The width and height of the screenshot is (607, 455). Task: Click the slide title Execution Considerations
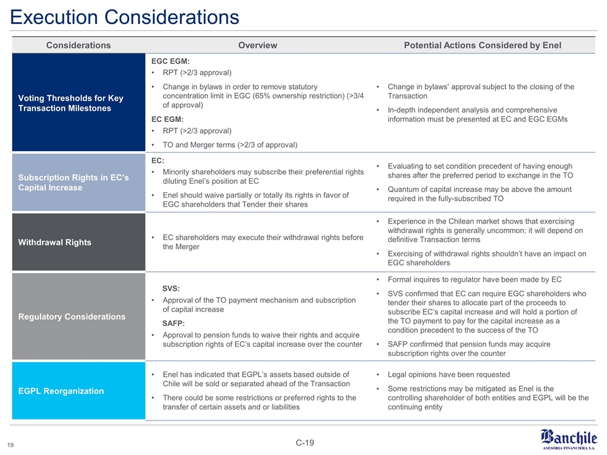[x=125, y=16]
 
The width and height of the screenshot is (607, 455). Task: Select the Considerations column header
[x=78, y=45]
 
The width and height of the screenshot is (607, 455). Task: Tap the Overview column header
[x=257, y=45]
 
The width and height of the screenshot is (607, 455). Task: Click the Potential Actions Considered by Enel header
[x=482, y=45]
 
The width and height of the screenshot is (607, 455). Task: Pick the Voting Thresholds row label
[x=71, y=103]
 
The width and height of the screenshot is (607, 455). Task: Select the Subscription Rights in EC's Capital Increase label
[x=74, y=183]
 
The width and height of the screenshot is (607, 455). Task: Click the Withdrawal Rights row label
[x=55, y=242]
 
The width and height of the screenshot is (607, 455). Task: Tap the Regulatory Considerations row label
[x=71, y=317]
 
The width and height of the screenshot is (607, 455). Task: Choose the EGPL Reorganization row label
[x=61, y=391]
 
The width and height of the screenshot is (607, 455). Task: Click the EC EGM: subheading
[x=168, y=119]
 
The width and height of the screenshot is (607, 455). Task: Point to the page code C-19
[x=304, y=442]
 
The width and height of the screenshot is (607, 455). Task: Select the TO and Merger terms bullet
[x=230, y=145]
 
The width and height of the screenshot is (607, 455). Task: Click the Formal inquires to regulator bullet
[x=474, y=279]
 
